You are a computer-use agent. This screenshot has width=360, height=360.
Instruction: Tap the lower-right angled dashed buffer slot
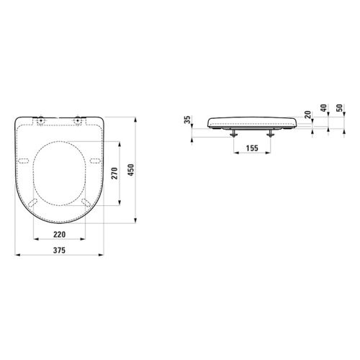86,202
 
